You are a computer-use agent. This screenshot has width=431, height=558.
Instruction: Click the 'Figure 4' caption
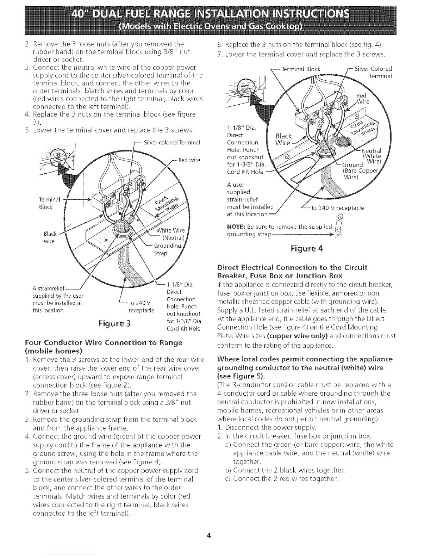click(306, 249)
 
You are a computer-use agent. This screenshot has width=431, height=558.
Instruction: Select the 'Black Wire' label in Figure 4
click(284, 139)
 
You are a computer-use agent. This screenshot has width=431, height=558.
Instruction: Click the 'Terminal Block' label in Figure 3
click(51, 203)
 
